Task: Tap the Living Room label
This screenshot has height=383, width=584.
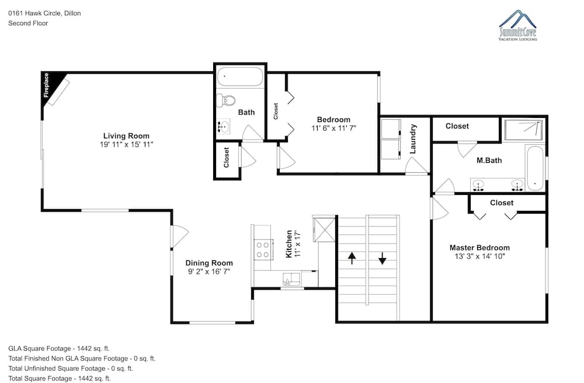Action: tap(126, 136)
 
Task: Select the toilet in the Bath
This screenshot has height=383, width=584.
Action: tap(226, 100)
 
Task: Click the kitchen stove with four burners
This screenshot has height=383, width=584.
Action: tap(262, 250)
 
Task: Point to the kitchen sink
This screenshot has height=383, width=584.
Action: tap(291, 278)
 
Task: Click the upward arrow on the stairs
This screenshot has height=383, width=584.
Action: tap(352, 258)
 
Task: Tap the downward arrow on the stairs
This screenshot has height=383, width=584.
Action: tap(383, 258)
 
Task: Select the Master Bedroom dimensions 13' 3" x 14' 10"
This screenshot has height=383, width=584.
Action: tap(479, 256)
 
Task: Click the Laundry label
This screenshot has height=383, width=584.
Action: tap(413, 139)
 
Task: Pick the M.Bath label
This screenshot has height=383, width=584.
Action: tap(489, 161)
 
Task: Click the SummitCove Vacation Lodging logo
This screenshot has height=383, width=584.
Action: tap(518, 26)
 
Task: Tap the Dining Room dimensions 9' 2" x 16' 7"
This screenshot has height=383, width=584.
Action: tap(209, 271)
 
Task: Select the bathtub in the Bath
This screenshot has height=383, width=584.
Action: tap(240, 76)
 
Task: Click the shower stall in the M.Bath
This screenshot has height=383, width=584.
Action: tap(523, 130)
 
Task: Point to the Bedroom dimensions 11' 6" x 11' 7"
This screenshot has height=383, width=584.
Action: tap(333, 128)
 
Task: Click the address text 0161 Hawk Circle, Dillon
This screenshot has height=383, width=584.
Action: tap(45, 13)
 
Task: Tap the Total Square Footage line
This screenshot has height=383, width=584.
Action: tap(60, 378)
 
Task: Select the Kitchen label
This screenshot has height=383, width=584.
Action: tap(288, 244)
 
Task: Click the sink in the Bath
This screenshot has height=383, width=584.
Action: tap(223, 127)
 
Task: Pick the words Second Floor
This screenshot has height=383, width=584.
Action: tap(28, 23)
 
